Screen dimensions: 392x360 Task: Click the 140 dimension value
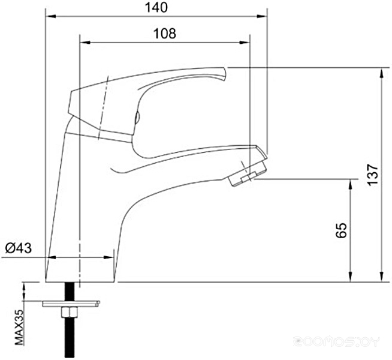156,8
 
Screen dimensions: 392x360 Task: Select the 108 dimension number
164,33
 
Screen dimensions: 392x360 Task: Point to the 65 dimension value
342,230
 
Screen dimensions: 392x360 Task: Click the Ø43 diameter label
19,248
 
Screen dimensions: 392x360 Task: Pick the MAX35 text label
19,328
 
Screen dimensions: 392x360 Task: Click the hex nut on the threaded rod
70,312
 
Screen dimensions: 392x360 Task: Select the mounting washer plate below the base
71,304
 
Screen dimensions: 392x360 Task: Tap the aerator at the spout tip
248,174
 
